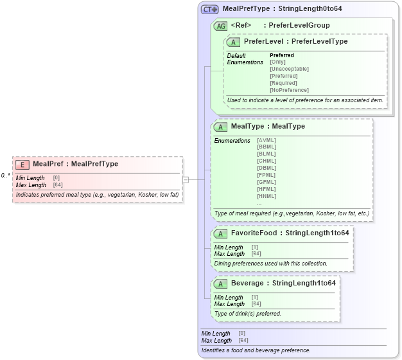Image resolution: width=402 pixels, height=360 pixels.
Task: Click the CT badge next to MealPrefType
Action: pyautogui.click(x=210, y=10)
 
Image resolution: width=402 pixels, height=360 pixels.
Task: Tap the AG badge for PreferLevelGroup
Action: pyautogui.click(x=220, y=26)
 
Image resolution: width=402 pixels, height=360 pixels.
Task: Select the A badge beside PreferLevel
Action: pyautogui.click(x=234, y=42)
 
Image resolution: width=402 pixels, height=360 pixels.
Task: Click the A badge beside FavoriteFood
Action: pyautogui.click(x=220, y=233)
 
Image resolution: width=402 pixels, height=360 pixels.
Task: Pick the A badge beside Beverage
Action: pyautogui.click(x=220, y=283)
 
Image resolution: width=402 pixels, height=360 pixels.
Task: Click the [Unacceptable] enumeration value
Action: pyautogui.click(x=289, y=69)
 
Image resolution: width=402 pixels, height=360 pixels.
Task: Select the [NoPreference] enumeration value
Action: pyautogui.click(x=289, y=90)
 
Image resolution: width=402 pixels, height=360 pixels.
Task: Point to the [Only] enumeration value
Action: pyautogui.click(x=277, y=62)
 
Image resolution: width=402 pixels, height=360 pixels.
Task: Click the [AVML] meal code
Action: pyautogui.click(x=267, y=140)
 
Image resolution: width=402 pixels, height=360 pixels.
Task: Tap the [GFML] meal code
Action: pyautogui.click(x=267, y=183)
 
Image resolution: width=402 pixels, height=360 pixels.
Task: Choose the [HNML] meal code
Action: pyautogui.click(x=267, y=196)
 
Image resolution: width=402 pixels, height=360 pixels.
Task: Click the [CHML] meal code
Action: pyautogui.click(x=267, y=161)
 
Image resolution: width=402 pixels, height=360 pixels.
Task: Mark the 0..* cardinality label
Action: pyautogui.click(x=5, y=175)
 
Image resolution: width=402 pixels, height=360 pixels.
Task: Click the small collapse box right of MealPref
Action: pyautogui.click(x=186, y=180)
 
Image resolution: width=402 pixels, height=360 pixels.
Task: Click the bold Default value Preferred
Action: pyautogui.click(x=281, y=55)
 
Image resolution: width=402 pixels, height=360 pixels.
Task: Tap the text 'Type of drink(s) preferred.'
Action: pyautogui.click(x=247, y=314)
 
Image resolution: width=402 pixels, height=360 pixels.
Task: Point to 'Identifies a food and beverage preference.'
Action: pyautogui.click(x=256, y=350)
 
